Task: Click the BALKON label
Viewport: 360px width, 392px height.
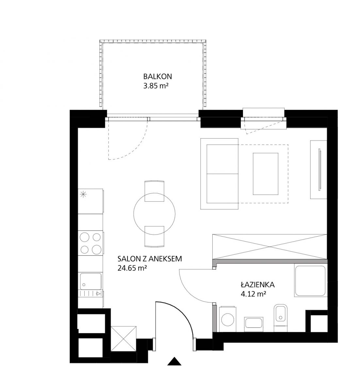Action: (x=157, y=76)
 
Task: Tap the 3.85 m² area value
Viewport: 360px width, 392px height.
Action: (x=156, y=86)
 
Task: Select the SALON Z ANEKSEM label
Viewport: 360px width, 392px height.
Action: (x=150, y=259)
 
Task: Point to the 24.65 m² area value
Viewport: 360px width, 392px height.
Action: (x=132, y=268)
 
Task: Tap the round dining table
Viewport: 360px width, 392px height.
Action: (x=155, y=214)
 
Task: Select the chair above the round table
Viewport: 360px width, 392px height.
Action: (x=155, y=191)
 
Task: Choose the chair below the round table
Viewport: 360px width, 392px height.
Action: (x=155, y=237)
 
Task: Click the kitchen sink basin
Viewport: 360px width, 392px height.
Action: (x=91, y=281)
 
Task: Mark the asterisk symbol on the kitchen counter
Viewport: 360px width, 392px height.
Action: (x=83, y=194)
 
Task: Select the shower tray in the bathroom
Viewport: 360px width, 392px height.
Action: (x=311, y=281)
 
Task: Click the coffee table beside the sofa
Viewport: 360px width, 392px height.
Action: (x=266, y=174)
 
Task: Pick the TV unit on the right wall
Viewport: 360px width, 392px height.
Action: (x=319, y=170)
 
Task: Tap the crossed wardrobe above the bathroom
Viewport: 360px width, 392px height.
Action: (x=270, y=247)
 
